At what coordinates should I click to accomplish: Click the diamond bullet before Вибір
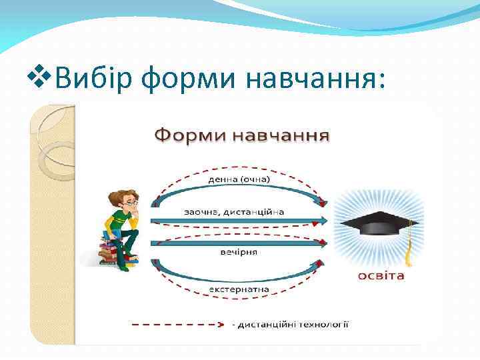[43, 79]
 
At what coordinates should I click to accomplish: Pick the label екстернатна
[239, 289]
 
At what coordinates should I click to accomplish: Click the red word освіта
[381, 275]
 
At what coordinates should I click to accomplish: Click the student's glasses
[130, 199]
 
